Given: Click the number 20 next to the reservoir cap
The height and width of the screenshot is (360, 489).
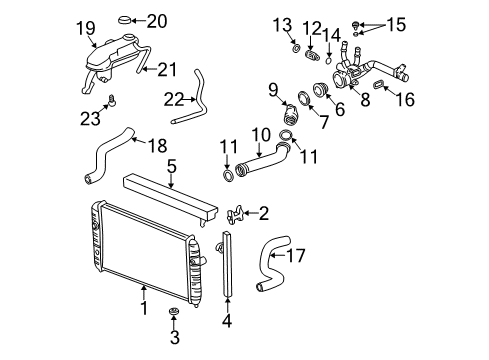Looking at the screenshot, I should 158,20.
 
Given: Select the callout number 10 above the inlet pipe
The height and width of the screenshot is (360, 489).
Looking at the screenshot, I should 260,133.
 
